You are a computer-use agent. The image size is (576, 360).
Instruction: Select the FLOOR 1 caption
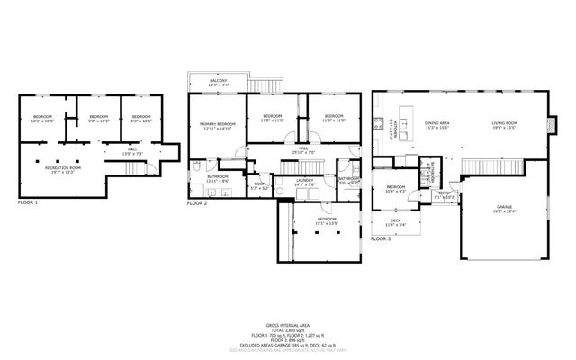point(28,203)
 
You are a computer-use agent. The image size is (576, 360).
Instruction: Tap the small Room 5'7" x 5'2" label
point(259,186)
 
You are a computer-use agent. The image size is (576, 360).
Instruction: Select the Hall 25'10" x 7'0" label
point(303,150)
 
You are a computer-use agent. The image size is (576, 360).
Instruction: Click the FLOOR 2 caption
point(197,203)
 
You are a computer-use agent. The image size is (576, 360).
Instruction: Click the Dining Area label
point(437,125)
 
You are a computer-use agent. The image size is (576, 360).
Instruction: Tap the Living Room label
point(503,125)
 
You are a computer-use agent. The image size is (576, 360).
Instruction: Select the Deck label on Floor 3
point(395,222)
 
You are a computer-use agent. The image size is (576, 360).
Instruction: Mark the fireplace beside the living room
point(553,126)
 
